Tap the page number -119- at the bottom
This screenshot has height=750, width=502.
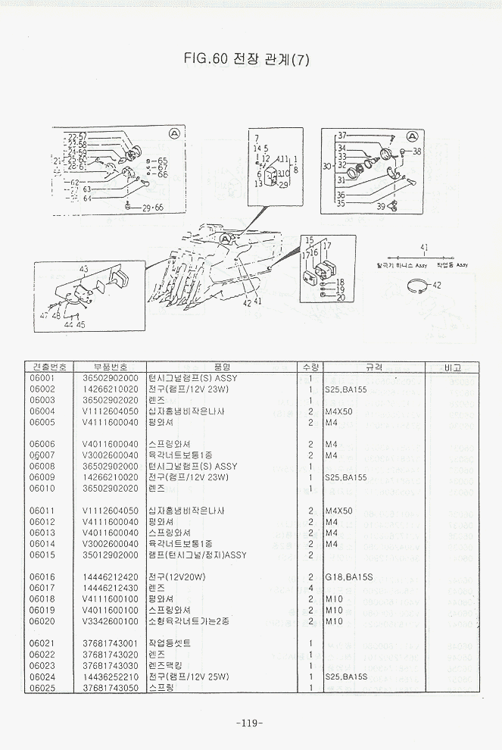(x=249, y=722)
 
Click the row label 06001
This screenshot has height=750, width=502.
(x=42, y=377)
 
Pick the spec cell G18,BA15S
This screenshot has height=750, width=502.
(x=348, y=577)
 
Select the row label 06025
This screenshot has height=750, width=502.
(x=42, y=687)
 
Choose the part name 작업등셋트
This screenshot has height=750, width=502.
(x=170, y=642)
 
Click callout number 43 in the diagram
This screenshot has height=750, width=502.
(x=83, y=269)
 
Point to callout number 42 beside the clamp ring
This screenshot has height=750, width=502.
(x=437, y=285)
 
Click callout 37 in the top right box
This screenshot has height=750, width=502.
(x=342, y=135)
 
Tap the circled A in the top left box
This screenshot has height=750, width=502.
(x=175, y=133)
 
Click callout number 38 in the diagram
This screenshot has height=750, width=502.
(x=416, y=152)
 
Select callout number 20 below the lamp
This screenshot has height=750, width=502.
(x=340, y=298)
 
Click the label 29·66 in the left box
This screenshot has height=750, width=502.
(x=153, y=207)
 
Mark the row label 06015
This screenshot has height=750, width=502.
(x=42, y=555)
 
